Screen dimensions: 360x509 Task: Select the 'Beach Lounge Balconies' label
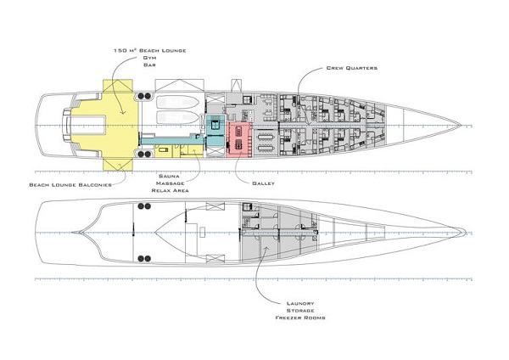[x=70, y=183]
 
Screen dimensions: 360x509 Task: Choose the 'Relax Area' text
[x=171, y=191]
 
